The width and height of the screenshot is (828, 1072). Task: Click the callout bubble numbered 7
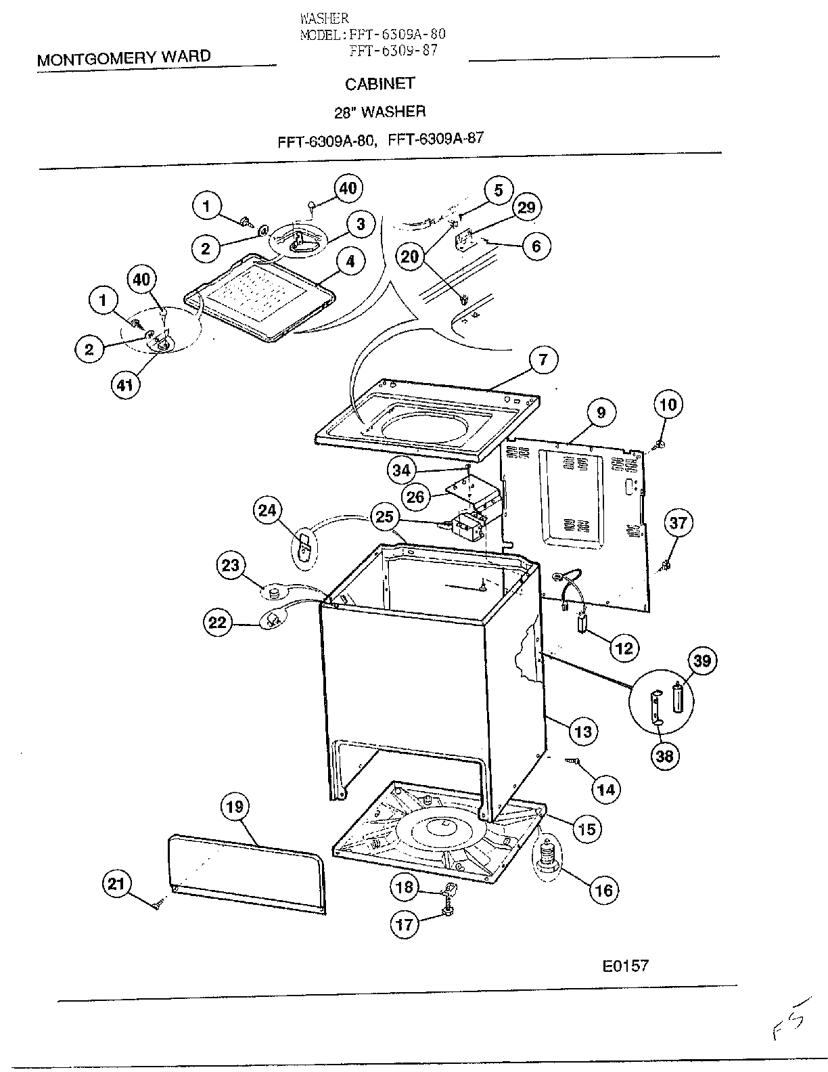543,359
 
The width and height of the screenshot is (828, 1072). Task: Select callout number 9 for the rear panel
601,412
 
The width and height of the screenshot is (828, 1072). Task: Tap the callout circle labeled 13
583,732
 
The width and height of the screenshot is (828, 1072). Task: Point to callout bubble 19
235,807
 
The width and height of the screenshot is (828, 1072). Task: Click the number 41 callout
125,384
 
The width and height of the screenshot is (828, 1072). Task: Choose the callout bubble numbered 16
604,890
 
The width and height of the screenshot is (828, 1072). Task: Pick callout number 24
267,510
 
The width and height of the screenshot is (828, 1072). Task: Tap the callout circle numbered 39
702,661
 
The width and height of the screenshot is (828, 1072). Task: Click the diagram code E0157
625,966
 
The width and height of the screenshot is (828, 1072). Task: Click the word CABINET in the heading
379,84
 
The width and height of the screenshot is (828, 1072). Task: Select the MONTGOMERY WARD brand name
124,58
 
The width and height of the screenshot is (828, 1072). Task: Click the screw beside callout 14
571,761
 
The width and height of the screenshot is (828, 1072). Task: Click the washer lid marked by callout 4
260,298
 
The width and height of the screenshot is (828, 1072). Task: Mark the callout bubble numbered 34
401,470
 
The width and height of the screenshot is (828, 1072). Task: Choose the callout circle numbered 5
498,190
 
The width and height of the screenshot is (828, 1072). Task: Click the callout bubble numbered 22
217,623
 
